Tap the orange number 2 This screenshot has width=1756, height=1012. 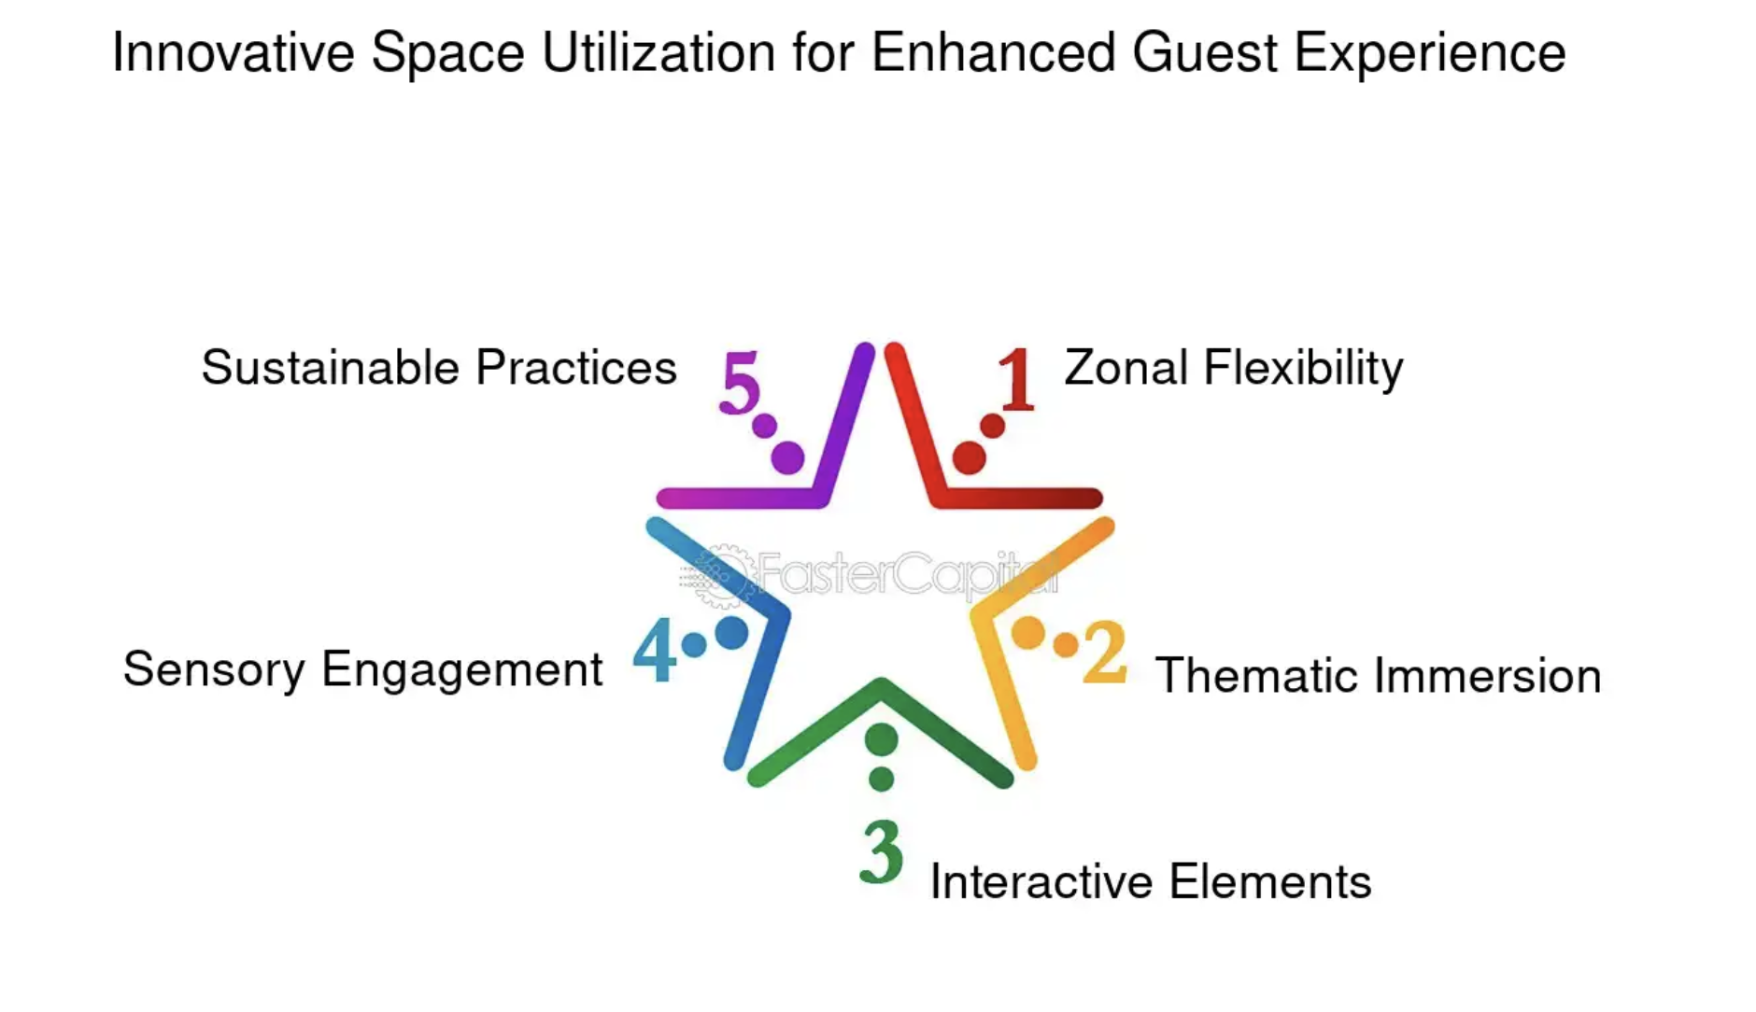coord(1105,651)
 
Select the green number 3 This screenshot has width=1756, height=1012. coord(881,851)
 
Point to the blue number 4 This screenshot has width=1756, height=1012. coord(655,650)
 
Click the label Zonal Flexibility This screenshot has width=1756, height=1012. coord(1233,368)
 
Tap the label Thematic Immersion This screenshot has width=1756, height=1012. coord(1378,676)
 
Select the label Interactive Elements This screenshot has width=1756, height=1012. coord(1151,882)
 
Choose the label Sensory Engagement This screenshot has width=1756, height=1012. coord(362,670)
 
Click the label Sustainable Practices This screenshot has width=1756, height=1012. coord(439,368)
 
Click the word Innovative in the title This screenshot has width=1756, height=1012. coord(234,52)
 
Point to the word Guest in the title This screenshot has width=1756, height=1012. coord(1205,52)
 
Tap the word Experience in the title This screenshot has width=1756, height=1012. coord(1430,54)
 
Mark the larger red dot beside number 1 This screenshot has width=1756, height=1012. coord(969,457)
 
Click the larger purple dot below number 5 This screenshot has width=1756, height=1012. coord(787,457)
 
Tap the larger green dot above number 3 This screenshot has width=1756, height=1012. coord(881,739)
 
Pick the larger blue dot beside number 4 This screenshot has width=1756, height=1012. coord(731,633)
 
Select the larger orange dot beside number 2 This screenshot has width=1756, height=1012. coord(1028,633)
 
